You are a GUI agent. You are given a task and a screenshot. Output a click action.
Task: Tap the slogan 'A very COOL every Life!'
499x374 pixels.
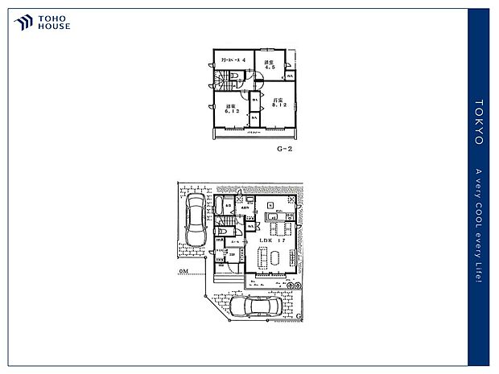coord(479,226)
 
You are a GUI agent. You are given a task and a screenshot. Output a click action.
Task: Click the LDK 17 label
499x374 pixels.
coord(269,240)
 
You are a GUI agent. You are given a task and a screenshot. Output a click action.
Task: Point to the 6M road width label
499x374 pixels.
coord(184,273)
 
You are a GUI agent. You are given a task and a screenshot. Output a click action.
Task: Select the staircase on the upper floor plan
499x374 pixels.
coord(221,80)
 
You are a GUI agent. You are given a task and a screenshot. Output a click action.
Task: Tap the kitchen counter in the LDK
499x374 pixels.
coord(270,216)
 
